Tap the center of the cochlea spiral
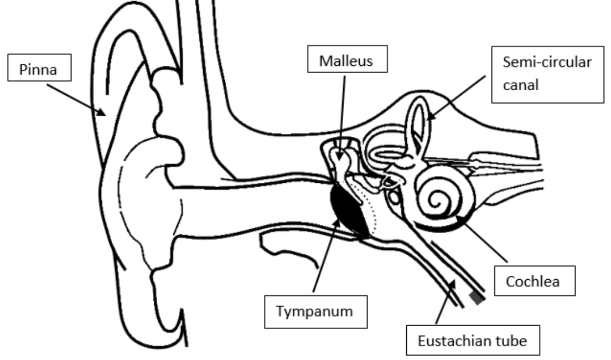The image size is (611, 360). coord(441,197)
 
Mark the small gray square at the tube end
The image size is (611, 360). coord(476,299)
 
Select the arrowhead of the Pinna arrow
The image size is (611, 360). coord(103,115)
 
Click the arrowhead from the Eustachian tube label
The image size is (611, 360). coord(455,282)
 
